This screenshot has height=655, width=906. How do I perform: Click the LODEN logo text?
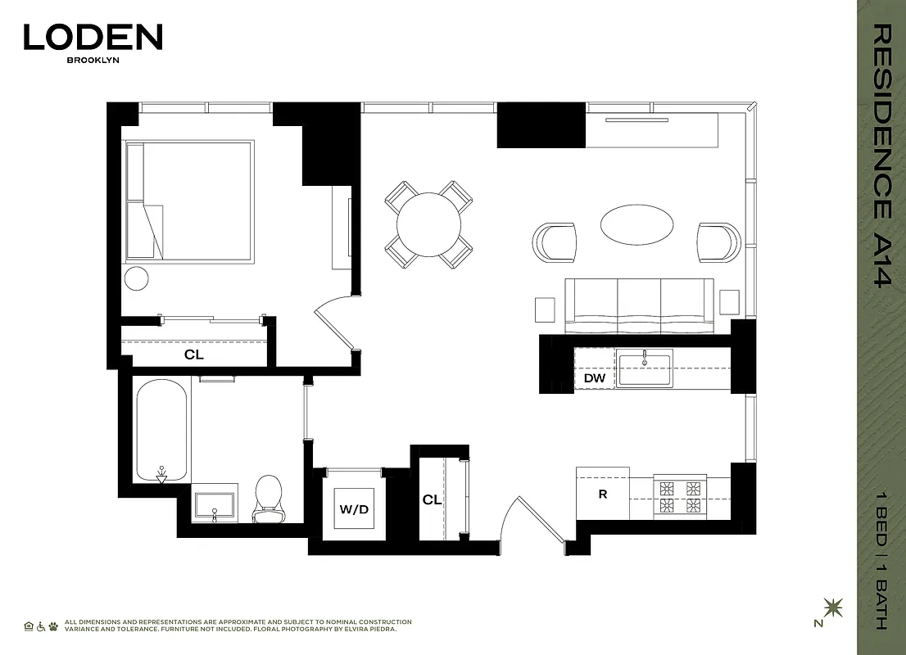pos(93,37)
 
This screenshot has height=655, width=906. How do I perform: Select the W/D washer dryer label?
pos(354,509)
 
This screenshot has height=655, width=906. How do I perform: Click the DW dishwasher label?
pos(594,378)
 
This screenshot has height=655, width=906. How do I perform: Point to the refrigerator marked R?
pos(602,494)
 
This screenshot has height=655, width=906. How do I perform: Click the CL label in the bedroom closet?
pos(193,355)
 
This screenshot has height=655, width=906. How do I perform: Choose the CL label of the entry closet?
pos(432,499)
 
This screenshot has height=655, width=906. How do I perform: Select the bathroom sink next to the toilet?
pos(215,504)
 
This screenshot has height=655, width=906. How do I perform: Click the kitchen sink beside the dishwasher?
pos(645,368)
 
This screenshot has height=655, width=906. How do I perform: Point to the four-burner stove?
pos(679,495)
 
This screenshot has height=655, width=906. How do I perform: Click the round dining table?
pos(428,224)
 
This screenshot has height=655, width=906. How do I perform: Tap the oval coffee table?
pos(638,223)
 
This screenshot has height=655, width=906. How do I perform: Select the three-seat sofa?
pos(639,305)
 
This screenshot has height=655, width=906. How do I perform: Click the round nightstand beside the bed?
pos(136,278)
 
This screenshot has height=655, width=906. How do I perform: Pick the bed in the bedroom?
pos(190,201)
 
